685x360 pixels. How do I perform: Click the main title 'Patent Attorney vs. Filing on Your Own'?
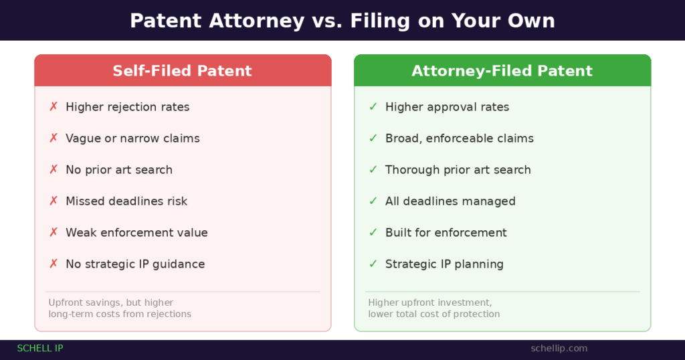tap(342, 21)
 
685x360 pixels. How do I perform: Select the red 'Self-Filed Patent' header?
tap(182, 71)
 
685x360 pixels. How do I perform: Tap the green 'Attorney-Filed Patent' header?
tap(502, 71)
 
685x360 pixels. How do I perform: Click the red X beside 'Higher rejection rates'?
tap(54, 107)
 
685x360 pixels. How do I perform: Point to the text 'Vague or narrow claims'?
tap(132, 139)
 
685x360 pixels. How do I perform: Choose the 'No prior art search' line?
tap(119, 170)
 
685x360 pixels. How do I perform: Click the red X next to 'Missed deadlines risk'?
tap(54, 201)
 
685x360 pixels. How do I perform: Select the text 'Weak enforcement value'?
tap(136, 233)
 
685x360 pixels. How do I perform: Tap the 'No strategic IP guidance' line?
tap(135, 264)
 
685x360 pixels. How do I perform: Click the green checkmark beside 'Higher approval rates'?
tap(373, 107)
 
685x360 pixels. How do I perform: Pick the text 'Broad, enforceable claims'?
tap(459, 139)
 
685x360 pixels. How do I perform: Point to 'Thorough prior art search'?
tap(458, 170)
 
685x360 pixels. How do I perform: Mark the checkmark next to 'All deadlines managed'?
tap(373, 201)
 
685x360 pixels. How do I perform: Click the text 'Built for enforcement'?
tap(446, 233)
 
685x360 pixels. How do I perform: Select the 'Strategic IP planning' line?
tap(444, 264)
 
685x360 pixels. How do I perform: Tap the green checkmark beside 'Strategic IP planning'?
tap(373, 264)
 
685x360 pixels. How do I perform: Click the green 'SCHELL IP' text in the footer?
tap(40, 349)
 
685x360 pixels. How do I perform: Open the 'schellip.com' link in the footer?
tap(559, 349)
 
